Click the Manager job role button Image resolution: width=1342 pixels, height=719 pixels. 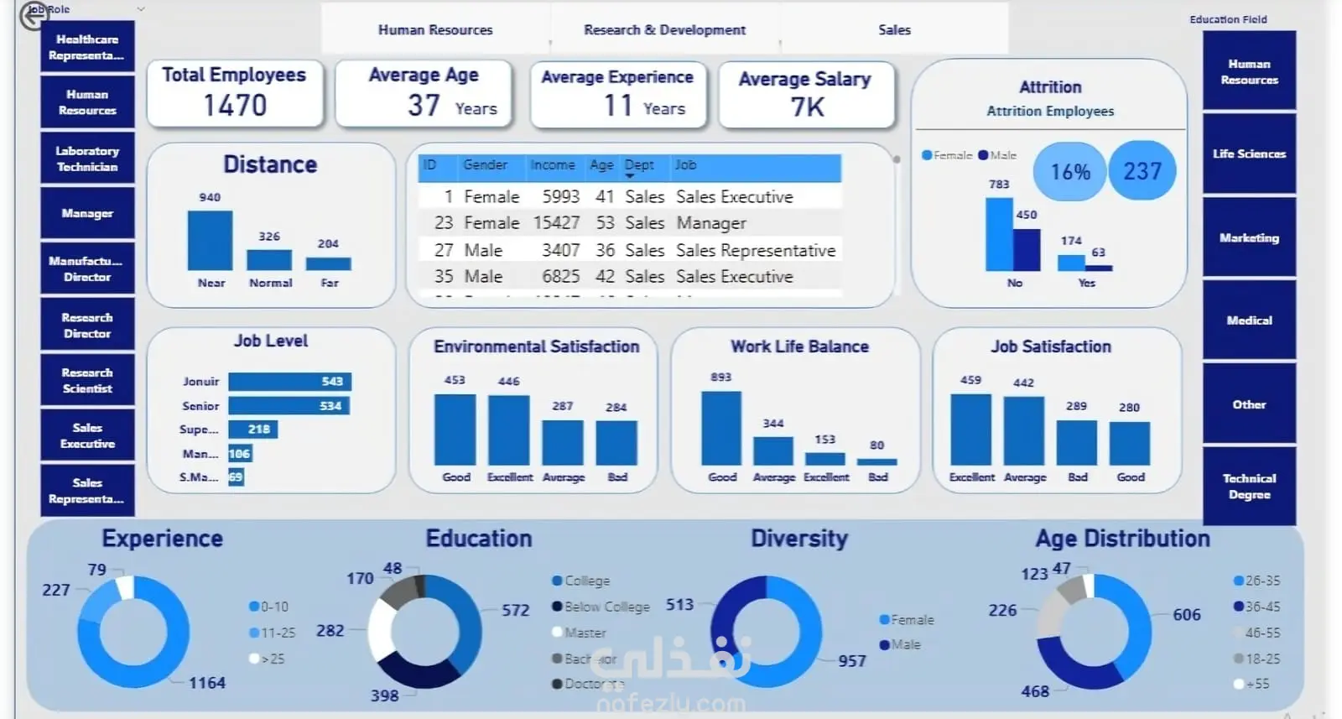[x=87, y=213]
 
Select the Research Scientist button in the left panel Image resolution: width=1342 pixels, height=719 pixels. [x=87, y=380]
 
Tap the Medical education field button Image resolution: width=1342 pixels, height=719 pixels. [x=1249, y=320]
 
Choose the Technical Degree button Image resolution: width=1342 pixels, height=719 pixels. [x=1249, y=487]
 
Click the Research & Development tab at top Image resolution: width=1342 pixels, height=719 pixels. [x=664, y=30]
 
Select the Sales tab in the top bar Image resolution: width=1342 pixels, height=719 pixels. [x=894, y=30]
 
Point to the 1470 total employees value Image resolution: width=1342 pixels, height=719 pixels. [x=235, y=106]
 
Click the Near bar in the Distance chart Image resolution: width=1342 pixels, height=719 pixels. [x=210, y=240]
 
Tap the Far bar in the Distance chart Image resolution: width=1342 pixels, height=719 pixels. [x=328, y=263]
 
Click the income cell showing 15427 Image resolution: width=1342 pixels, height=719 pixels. [x=556, y=223]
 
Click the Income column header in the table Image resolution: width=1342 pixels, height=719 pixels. [x=552, y=165]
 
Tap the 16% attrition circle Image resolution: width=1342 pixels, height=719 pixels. [x=1070, y=172]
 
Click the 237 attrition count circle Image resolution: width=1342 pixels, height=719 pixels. [x=1142, y=171]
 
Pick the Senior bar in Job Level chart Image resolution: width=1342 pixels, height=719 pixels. [x=289, y=406]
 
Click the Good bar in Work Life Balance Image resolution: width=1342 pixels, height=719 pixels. [x=721, y=428]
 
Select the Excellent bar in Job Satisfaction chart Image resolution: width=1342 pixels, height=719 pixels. [x=970, y=430]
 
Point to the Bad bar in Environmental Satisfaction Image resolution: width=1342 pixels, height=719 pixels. [x=616, y=442]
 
